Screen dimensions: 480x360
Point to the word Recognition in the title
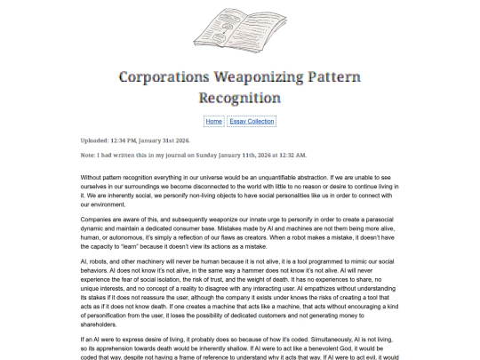click(239, 97)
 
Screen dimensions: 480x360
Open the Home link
click(213, 121)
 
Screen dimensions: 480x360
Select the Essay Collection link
click(252, 121)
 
